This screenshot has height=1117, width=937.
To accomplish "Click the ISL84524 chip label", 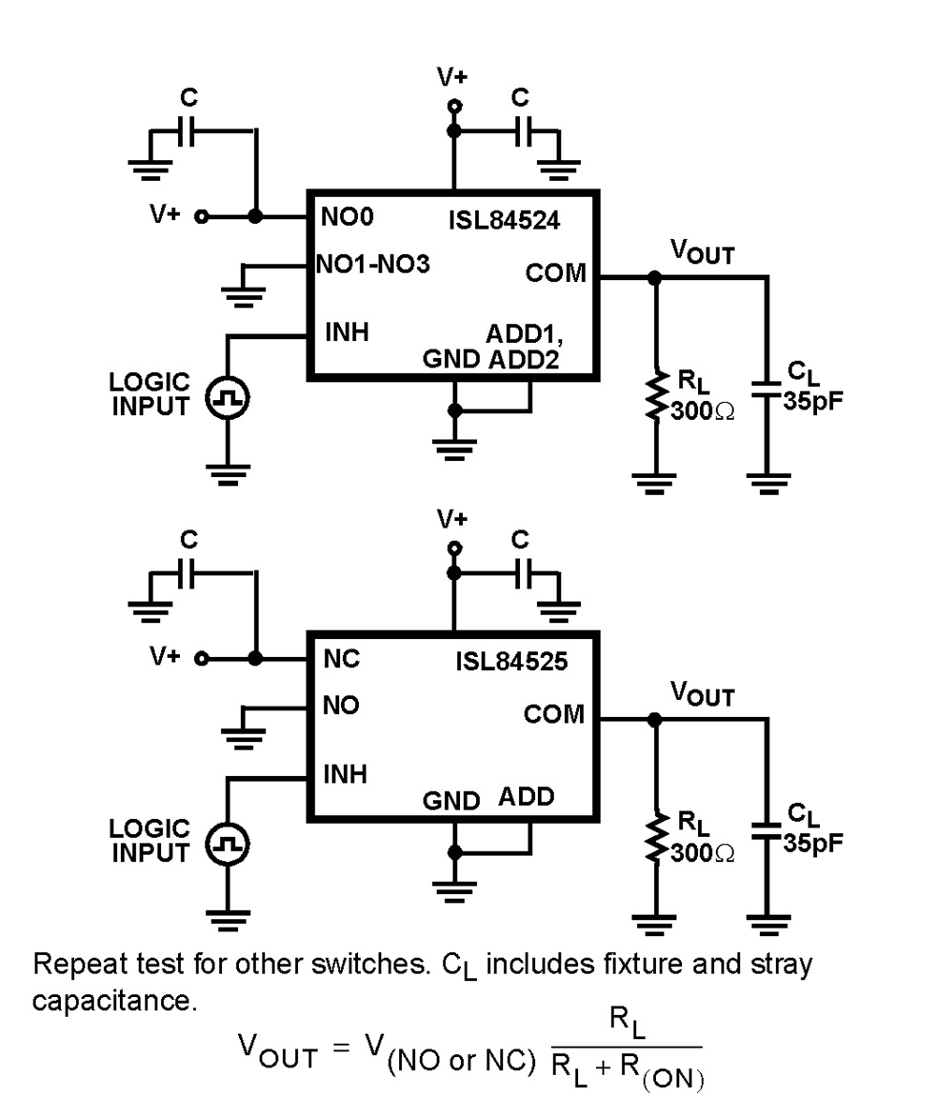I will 505,223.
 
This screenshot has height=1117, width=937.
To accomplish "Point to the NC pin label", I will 341,659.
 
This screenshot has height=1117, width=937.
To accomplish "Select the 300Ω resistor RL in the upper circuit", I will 655,395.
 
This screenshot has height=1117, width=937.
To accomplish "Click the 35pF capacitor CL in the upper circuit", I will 768,389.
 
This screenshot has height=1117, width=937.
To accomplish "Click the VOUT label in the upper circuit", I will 702,252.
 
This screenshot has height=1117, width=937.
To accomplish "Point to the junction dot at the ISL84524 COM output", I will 655,277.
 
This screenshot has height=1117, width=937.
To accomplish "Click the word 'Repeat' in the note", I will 77,965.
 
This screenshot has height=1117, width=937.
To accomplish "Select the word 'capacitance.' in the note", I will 114,1001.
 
